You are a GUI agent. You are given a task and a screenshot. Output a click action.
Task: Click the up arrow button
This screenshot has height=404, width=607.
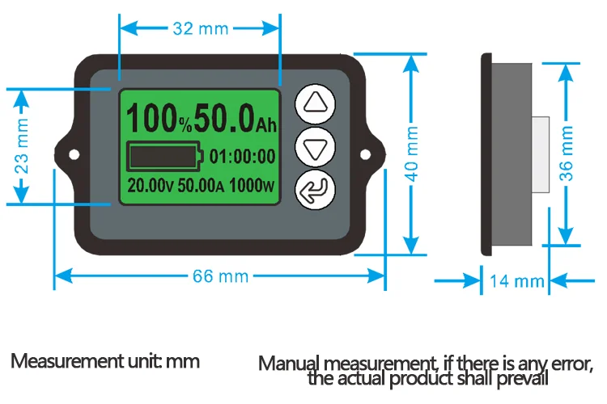315,103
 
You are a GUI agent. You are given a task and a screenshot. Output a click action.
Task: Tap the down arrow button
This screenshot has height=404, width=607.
315,148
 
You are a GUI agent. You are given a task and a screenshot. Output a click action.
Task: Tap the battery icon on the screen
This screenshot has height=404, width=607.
163,154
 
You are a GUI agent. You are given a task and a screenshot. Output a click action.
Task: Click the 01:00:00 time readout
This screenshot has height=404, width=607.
242,155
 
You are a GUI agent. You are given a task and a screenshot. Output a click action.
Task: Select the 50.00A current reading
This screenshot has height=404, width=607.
202,185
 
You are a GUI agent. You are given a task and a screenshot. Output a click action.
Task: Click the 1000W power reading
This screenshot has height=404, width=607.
253,185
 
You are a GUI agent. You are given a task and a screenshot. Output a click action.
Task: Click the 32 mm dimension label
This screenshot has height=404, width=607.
200,28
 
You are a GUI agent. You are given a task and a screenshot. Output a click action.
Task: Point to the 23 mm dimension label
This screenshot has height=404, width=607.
23,145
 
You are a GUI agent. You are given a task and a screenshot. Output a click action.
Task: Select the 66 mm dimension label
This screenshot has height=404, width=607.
219,276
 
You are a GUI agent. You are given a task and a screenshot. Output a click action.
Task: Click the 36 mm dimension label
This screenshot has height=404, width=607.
567,151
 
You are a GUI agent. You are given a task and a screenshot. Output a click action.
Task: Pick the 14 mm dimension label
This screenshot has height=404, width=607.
517,281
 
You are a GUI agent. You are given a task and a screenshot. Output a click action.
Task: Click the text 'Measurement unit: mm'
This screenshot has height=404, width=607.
105,360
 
